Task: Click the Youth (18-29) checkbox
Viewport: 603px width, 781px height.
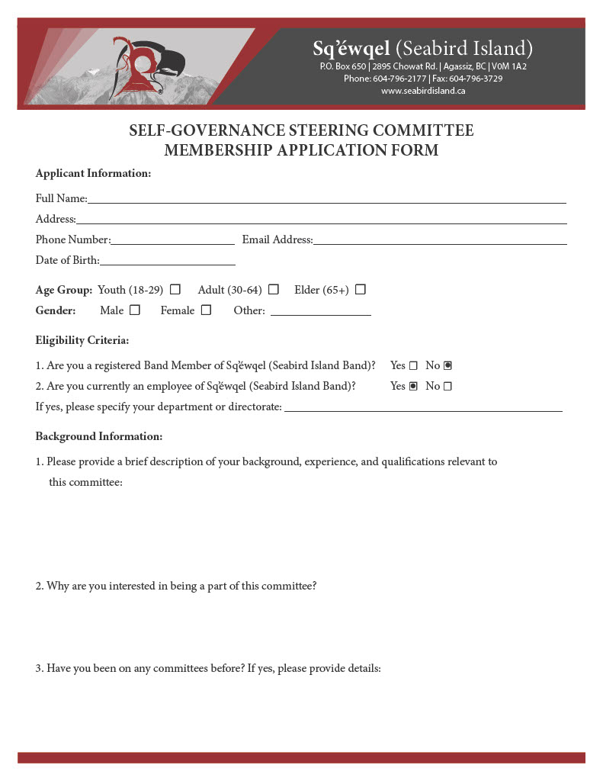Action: [x=175, y=290]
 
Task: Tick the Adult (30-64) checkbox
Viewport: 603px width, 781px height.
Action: [x=274, y=290]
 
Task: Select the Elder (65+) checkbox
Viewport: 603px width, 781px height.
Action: [x=361, y=290]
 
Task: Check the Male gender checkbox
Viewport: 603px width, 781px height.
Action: [x=135, y=310]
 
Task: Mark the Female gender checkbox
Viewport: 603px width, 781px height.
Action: [x=206, y=310]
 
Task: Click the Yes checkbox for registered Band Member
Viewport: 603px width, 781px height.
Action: [x=413, y=366]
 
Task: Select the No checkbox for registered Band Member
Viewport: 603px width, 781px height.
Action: [x=447, y=366]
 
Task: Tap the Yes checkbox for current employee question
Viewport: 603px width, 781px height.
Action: [x=413, y=387]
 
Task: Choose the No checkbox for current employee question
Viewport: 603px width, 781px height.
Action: [x=447, y=387]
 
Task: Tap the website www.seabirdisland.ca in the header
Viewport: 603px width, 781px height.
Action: [x=423, y=91]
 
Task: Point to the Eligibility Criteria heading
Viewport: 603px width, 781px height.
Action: [x=82, y=340]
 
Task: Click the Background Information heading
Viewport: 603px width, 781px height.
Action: [x=99, y=437]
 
